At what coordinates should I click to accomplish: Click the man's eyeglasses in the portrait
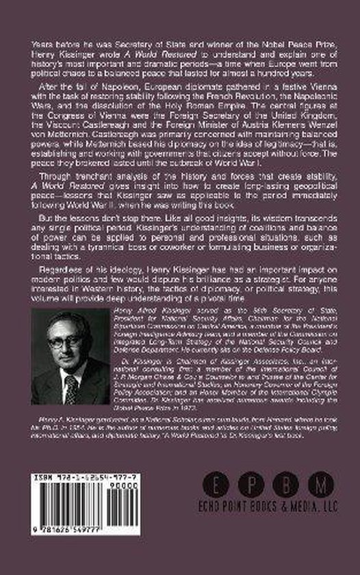[66, 340]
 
